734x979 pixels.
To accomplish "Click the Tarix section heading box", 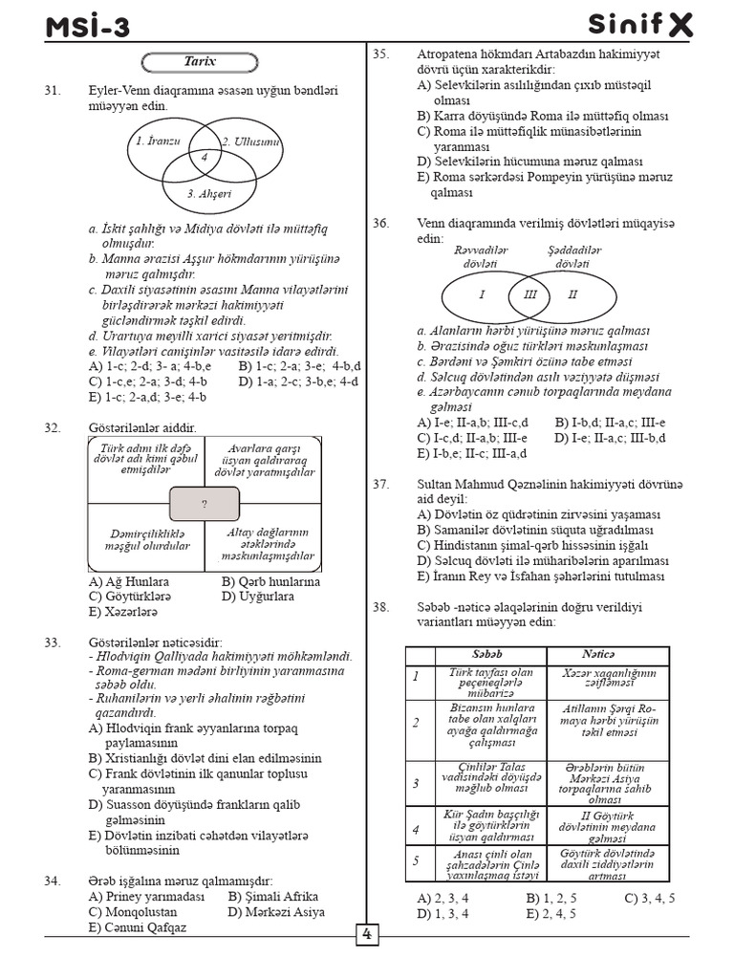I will (x=200, y=63).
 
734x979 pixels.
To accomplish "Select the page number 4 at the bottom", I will (x=366, y=935).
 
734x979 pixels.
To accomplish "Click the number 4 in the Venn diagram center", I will (x=203, y=157).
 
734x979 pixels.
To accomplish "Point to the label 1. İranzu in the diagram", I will (x=158, y=141).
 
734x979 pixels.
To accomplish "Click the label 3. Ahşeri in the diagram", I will (x=209, y=194).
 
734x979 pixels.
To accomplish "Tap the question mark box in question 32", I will (x=204, y=503).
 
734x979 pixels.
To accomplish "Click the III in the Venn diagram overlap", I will (x=530, y=294).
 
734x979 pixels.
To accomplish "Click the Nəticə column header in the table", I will (x=599, y=654).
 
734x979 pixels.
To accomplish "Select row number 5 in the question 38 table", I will (x=416, y=860).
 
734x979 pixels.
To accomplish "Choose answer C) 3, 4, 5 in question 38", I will (x=650, y=898).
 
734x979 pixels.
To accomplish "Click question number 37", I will (x=381, y=485).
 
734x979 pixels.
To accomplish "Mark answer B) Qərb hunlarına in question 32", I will (x=270, y=581).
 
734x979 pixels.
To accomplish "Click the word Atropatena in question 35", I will (x=448, y=54).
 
